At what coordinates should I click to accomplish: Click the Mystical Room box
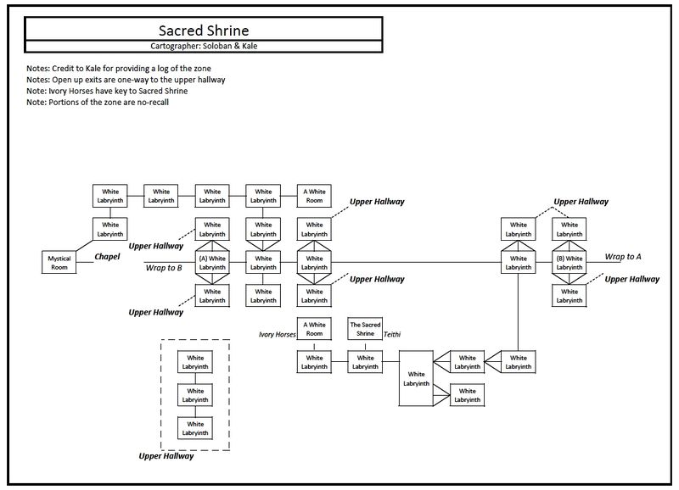(59, 263)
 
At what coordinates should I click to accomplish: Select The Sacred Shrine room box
(365, 329)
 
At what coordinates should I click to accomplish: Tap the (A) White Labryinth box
(212, 263)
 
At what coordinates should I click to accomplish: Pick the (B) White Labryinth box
(569, 263)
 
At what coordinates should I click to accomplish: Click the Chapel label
(107, 257)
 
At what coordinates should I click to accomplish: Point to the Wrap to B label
(164, 268)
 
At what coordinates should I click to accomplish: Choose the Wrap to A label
(623, 257)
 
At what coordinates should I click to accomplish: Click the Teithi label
(392, 334)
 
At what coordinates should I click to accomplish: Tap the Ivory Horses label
(278, 334)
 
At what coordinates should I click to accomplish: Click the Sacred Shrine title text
(204, 31)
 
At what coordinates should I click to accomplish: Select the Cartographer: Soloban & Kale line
(204, 46)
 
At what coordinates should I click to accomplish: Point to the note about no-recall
(98, 103)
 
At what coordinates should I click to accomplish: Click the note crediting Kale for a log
(119, 69)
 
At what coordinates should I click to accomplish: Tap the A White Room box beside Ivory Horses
(314, 329)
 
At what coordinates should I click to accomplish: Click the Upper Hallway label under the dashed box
(166, 456)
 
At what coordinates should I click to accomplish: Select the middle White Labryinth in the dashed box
(195, 395)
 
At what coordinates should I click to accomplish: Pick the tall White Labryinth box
(416, 378)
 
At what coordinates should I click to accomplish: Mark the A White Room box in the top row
(314, 196)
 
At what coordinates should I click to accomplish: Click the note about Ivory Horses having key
(107, 92)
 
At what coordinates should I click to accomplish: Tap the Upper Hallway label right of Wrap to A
(631, 280)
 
